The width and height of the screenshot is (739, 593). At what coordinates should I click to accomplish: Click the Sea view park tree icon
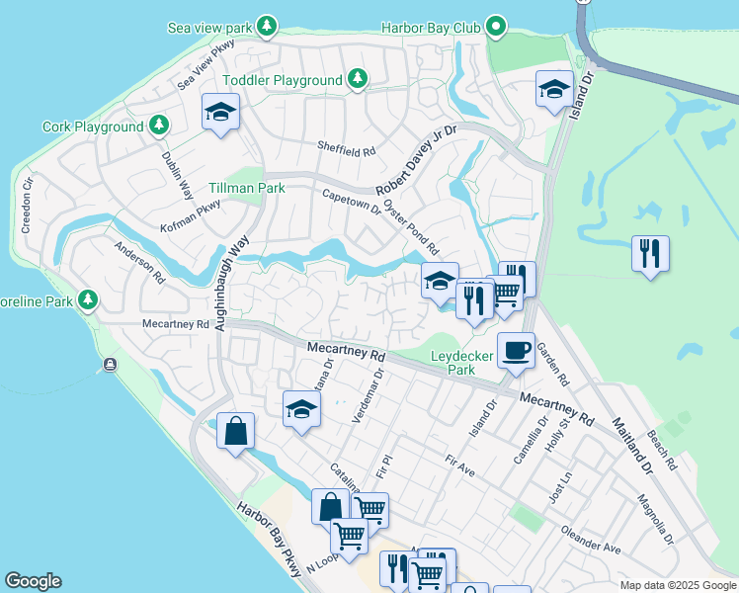tap(266, 25)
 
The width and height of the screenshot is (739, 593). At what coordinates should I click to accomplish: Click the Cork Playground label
tap(93, 127)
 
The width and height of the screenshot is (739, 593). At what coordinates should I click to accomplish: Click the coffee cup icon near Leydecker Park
tap(515, 351)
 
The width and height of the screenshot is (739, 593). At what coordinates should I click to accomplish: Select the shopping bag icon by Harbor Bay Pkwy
tap(235, 431)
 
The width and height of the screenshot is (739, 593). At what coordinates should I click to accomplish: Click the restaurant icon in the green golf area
tap(650, 253)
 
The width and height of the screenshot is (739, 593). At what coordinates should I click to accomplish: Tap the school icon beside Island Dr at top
tap(554, 89)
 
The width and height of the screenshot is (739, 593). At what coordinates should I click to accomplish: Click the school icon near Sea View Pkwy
tap(221, 112)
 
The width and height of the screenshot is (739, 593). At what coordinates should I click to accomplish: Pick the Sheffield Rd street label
tap(347, 150)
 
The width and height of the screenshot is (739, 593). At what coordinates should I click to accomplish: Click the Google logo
tap(33, 581)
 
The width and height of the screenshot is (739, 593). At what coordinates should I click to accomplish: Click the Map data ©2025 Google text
tap(677, 585)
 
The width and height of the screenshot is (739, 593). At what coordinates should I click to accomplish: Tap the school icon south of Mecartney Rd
tap(301, 410)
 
